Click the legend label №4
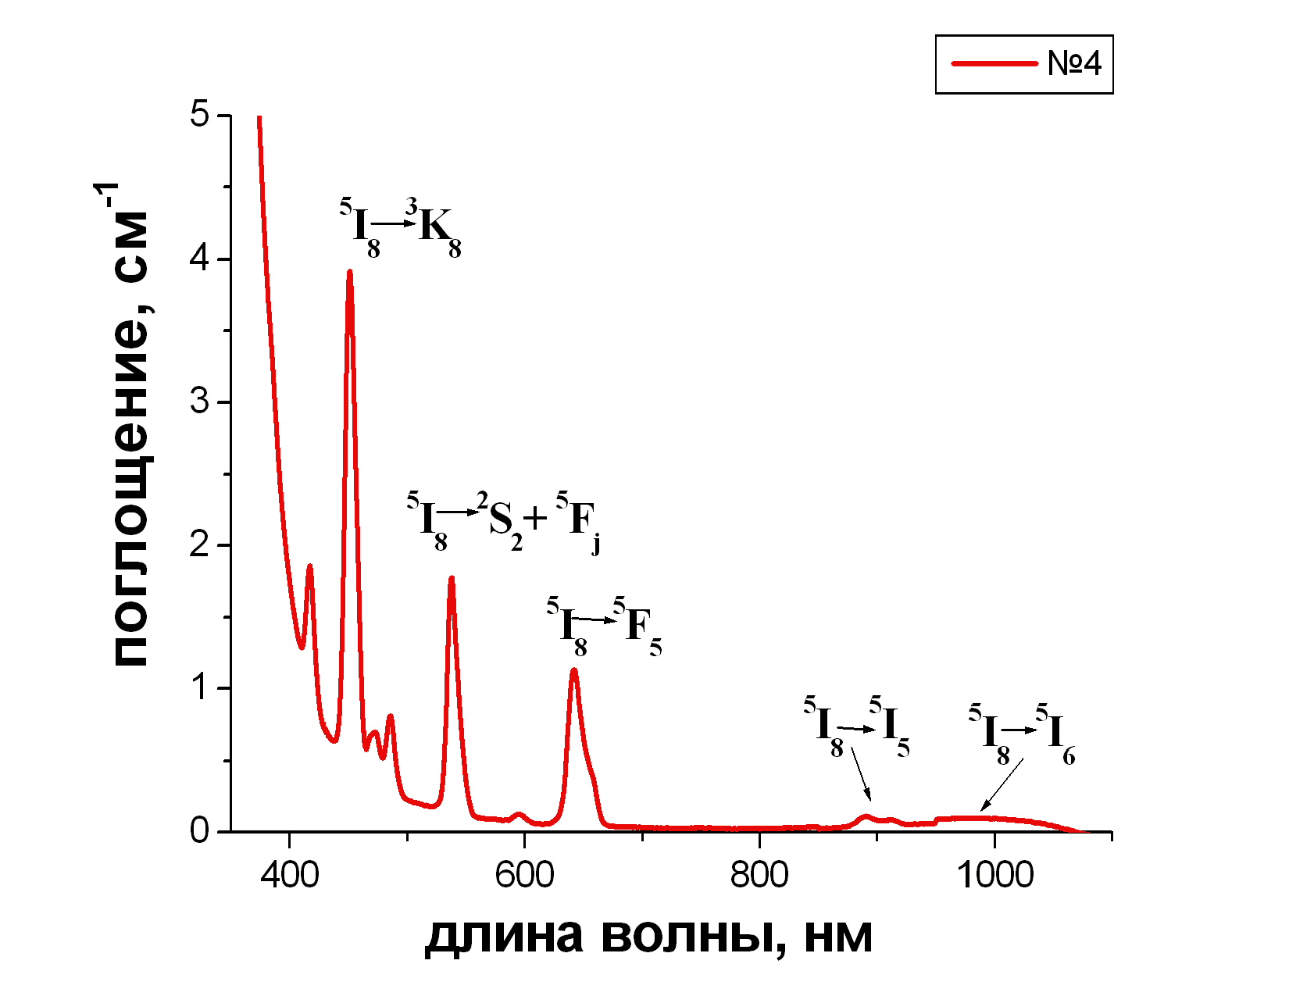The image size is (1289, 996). click(x=1074, y=63)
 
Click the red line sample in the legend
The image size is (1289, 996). click(x=994, y=63)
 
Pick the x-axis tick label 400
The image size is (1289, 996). click(x=289, y=875)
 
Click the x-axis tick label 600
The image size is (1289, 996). click(x=524, y=875)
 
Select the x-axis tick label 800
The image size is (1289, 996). click(x=759, y=875)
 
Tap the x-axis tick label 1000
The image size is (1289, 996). click(x=994, y=875)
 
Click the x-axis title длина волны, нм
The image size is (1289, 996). click(x=648, y=935)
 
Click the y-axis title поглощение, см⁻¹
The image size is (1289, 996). click(x=129, y=426)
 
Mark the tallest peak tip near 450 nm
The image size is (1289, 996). click(x=349, y=272)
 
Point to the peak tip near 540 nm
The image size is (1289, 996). click(x=451, y=578)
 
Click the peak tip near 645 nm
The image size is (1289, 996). click(x=574, y=670)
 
